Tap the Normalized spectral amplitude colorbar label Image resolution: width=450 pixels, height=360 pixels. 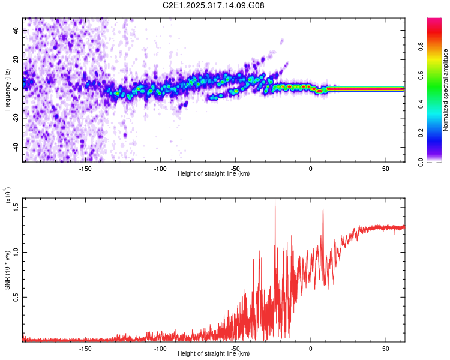[x=446, y=90]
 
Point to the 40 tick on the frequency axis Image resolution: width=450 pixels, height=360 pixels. [x=17, y=29]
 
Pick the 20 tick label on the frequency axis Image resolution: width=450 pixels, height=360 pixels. [x=17, y=59]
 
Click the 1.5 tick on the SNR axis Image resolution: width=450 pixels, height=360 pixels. [x=17, y=206]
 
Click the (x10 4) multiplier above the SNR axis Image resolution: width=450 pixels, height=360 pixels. [x=8, y=196]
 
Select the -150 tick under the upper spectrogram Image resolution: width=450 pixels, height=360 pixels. [x=85, y=169]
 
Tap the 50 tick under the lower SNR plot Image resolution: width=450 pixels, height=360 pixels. [x=386, y=349]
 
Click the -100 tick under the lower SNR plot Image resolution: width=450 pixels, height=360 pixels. [x=160, y=349]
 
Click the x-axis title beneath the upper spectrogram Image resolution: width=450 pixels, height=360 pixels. [x=214, y=174]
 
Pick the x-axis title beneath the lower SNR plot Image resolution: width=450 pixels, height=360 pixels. [x=214, y=354]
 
